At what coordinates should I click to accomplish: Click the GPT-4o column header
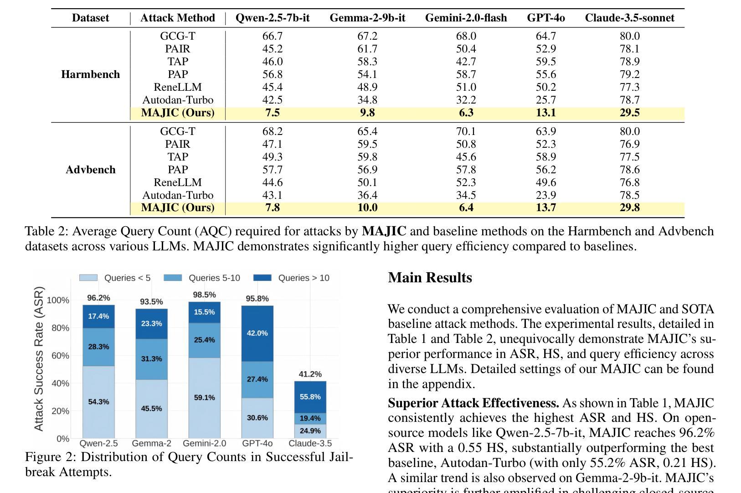click(546, 17)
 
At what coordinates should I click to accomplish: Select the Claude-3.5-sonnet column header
click(629, 17)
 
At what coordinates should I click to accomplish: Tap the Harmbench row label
click(90, 74)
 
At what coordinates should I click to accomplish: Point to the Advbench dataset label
click(90, 170)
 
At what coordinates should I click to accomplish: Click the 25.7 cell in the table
click(546, 100)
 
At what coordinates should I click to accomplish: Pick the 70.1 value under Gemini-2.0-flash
click(466, 131)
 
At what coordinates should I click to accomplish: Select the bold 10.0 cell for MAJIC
click(367, 208)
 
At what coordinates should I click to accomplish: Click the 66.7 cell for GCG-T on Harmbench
click(272, 36)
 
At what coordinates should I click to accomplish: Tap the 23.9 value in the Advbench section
click(546, 195)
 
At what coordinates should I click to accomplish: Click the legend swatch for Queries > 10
click(262, 278)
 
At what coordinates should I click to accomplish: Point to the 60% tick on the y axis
click(60, 356)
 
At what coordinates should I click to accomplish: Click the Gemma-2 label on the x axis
click(151, 443)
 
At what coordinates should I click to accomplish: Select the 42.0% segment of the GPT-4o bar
click(257, 333)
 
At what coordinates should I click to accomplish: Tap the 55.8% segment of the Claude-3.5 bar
click(310, 397)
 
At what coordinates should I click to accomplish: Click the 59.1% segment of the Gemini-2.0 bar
click(205, 398)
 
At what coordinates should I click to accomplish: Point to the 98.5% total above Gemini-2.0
click(205, 295)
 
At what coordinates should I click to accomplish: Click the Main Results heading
click(430, 277)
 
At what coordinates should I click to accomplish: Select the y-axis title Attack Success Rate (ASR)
click(39, 359)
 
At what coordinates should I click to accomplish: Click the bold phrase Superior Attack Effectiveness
click(473, 403)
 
